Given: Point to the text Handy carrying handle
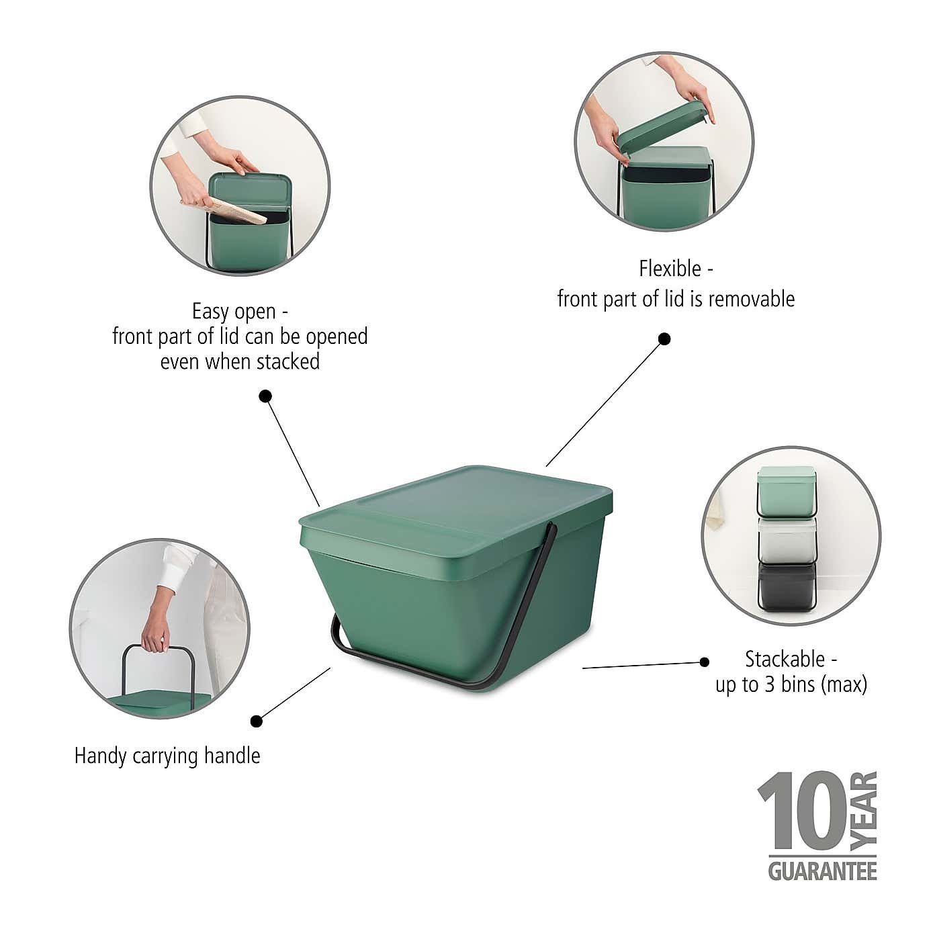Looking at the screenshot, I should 167,756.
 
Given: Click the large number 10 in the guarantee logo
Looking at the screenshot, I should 801,812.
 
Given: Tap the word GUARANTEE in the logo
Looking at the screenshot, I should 822,871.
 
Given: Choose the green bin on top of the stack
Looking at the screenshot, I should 787,491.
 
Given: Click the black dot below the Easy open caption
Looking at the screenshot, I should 265,396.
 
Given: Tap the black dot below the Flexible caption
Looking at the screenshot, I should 664,339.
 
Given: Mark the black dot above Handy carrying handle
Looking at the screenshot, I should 256,721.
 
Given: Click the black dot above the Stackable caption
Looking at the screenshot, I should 704,662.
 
